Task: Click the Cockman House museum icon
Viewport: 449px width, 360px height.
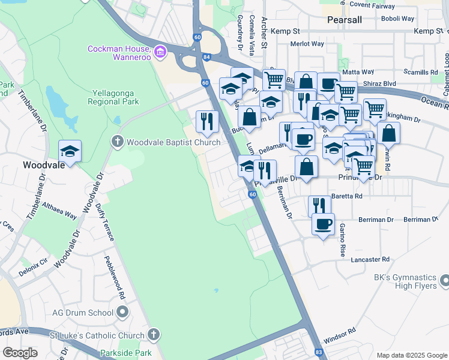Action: point(160,53)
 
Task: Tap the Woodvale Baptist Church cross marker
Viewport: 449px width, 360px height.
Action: point(117,142)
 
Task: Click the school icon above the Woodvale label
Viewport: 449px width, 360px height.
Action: point(70,151)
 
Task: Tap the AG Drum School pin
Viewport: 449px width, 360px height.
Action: point(123,312)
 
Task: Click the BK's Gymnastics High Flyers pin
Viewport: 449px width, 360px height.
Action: point(444,280)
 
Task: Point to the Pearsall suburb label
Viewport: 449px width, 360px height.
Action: point(345,20)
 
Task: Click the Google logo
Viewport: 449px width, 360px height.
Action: point(20,353)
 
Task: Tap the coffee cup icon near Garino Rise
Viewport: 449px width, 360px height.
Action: point(323,224)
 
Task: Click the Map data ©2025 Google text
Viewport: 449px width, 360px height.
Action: point(411,355)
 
